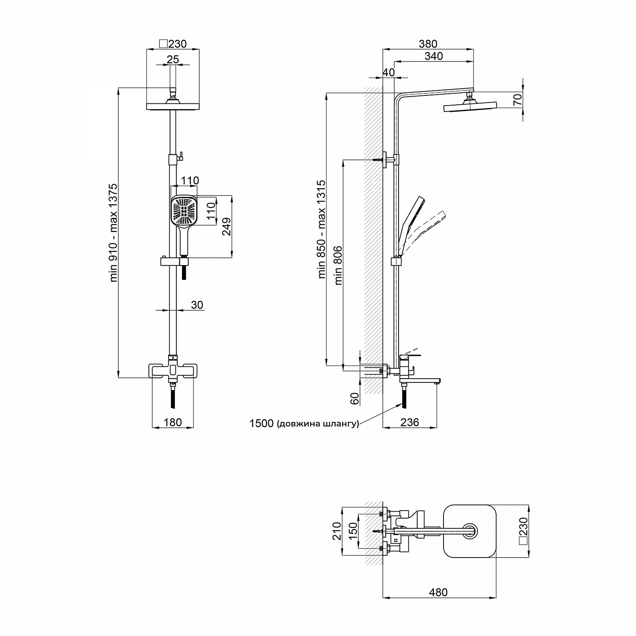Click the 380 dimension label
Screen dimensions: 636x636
(x=428, y=44)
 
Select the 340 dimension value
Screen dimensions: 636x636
(x=433, y=56)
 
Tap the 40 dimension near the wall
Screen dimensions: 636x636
(x=388, y=72)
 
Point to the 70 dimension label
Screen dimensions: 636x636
(x=517, y=100)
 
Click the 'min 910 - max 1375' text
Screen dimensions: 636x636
(x=114, y=233)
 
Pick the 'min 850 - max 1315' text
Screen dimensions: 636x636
(x=321, y=229)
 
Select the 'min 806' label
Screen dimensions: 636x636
(x=338, y=265)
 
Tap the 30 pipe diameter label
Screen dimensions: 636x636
(x=197, y=305)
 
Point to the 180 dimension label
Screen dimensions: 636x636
(x=173, y=422)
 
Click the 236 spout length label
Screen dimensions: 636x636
(x=410, y=422)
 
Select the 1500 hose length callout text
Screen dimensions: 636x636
(x=304, y=424)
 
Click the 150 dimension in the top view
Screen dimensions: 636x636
(x=353, y=531)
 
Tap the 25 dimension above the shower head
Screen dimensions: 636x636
(x=173, y=59)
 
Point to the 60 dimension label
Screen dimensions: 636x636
(x=355, y=398)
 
